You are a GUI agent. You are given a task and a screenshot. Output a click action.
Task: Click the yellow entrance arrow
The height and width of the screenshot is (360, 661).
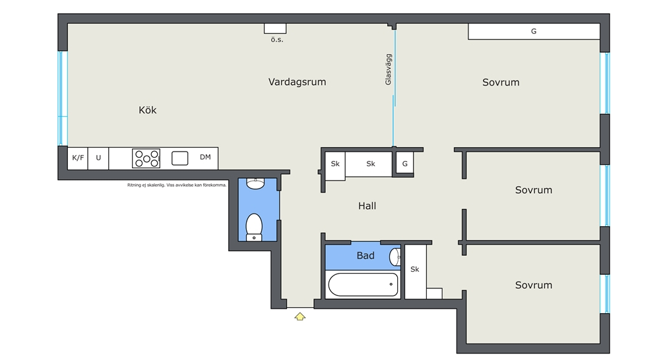(x=299, y=316)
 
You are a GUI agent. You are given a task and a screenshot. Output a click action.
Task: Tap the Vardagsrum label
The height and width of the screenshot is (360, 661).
(x=298, y=82)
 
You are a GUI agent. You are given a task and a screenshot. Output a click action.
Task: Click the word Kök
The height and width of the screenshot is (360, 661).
(x=148, y=110)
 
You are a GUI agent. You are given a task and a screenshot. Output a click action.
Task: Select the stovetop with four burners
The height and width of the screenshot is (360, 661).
(x=146, y=158)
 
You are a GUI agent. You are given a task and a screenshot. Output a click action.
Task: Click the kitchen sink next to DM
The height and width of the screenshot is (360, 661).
(x=179, y=158)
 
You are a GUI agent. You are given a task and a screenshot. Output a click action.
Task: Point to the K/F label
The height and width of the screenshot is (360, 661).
(x=78, y=158)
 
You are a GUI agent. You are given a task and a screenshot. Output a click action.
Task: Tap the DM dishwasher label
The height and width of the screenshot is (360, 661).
(x=205, y=157)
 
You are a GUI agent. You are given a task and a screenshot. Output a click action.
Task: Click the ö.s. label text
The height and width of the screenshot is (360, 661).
(x=277, y=40)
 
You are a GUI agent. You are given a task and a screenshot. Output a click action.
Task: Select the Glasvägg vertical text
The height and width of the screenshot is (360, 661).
(x=389, y=69)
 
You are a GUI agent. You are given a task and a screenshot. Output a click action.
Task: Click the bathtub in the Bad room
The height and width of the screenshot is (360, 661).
(x=363, y=285)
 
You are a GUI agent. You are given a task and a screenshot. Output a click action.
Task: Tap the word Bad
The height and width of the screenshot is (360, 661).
(x=365, y=255)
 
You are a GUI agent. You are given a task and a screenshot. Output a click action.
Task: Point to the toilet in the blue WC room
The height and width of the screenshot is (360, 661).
(x=254, y=227)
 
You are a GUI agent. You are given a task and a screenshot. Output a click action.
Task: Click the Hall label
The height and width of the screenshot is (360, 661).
(x=367, y=206)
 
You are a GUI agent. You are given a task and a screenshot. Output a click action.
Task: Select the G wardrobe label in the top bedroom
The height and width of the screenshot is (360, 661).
(x=534, y=31)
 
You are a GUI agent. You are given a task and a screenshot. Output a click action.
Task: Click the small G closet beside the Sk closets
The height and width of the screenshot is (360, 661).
(x=404, y=164)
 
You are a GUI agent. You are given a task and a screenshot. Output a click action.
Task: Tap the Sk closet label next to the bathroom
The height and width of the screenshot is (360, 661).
(x=415, y=269)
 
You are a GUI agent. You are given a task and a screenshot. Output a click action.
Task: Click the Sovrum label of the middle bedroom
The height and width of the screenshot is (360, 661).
(x=534, y=190)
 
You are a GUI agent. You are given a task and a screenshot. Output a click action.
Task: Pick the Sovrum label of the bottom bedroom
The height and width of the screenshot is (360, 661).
(x=534, y=285)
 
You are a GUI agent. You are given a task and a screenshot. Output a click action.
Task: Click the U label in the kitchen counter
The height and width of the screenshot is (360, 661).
(x=98, y=158)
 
